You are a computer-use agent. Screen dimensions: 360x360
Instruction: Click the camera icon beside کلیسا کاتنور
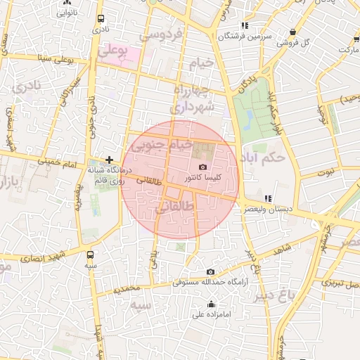click(203, 167)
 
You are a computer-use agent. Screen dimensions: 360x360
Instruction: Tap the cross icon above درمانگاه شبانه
click(109, 160)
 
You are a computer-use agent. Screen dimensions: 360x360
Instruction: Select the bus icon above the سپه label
click(89, 255)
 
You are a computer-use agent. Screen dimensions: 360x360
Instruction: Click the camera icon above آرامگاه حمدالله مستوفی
click(210, 271)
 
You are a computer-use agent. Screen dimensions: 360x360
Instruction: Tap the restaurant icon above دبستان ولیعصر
click(267, 198)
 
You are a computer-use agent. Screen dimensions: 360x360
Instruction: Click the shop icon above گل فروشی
click(292, 32)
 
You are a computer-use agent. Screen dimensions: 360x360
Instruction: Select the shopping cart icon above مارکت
click(346, 39)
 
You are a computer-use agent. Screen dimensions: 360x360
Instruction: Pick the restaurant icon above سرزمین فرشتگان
click(244, 26)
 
